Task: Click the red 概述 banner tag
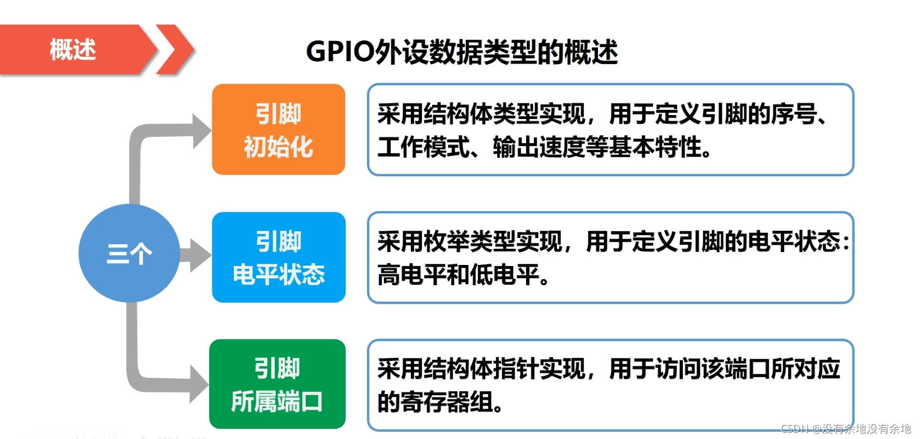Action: (73, 49)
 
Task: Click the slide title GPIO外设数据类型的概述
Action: (461, 52)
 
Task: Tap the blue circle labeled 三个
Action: (129, 253)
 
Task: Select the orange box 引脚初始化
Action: (278, 130)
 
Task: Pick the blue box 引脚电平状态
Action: (278, 257)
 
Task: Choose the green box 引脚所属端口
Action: (277, 385)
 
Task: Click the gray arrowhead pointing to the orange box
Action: (201, 131)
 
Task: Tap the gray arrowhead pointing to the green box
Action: (198, 384)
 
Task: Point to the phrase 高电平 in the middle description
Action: (411, 275)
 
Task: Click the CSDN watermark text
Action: (845, 429)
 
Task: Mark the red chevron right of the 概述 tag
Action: (175, 49)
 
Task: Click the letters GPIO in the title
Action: (340, 52)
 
